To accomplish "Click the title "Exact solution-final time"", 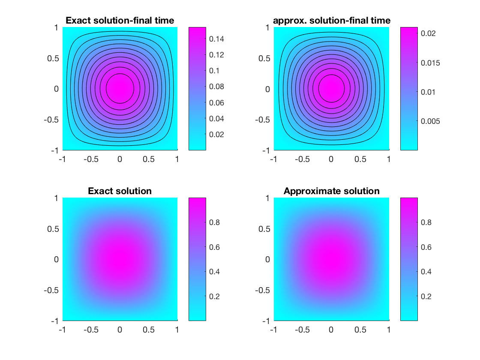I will point(120,20).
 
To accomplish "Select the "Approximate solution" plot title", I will point(331,191).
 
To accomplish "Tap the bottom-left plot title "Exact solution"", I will point(120,191).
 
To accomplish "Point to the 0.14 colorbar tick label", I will point(217,39).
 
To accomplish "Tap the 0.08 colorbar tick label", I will point(217,87).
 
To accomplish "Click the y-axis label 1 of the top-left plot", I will point(55,27).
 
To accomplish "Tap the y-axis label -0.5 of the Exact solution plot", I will point(51,290).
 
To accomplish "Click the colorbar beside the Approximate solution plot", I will point(409,259).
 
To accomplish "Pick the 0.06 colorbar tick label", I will point(217,102).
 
